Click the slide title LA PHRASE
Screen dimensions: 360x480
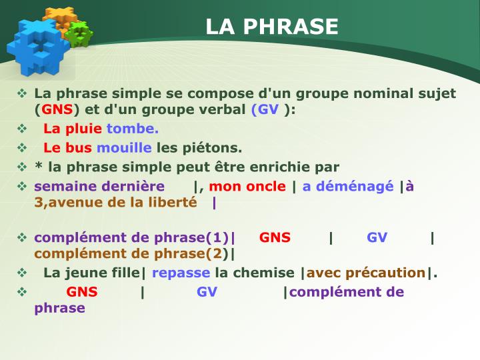[272, 26]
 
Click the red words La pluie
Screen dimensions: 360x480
[73, 129]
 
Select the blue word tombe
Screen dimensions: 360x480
[133, 129]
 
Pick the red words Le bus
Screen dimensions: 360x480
[67, 147]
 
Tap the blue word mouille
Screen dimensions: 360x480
[124, 147]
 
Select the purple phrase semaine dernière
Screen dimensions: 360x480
[99, 187]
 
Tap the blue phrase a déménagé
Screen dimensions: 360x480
[348, 187]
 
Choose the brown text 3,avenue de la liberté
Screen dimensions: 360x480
[116, 202]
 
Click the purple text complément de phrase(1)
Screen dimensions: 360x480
[131, 238]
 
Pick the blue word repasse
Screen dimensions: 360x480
[181, 273]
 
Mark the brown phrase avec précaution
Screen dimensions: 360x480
[365, 273]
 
